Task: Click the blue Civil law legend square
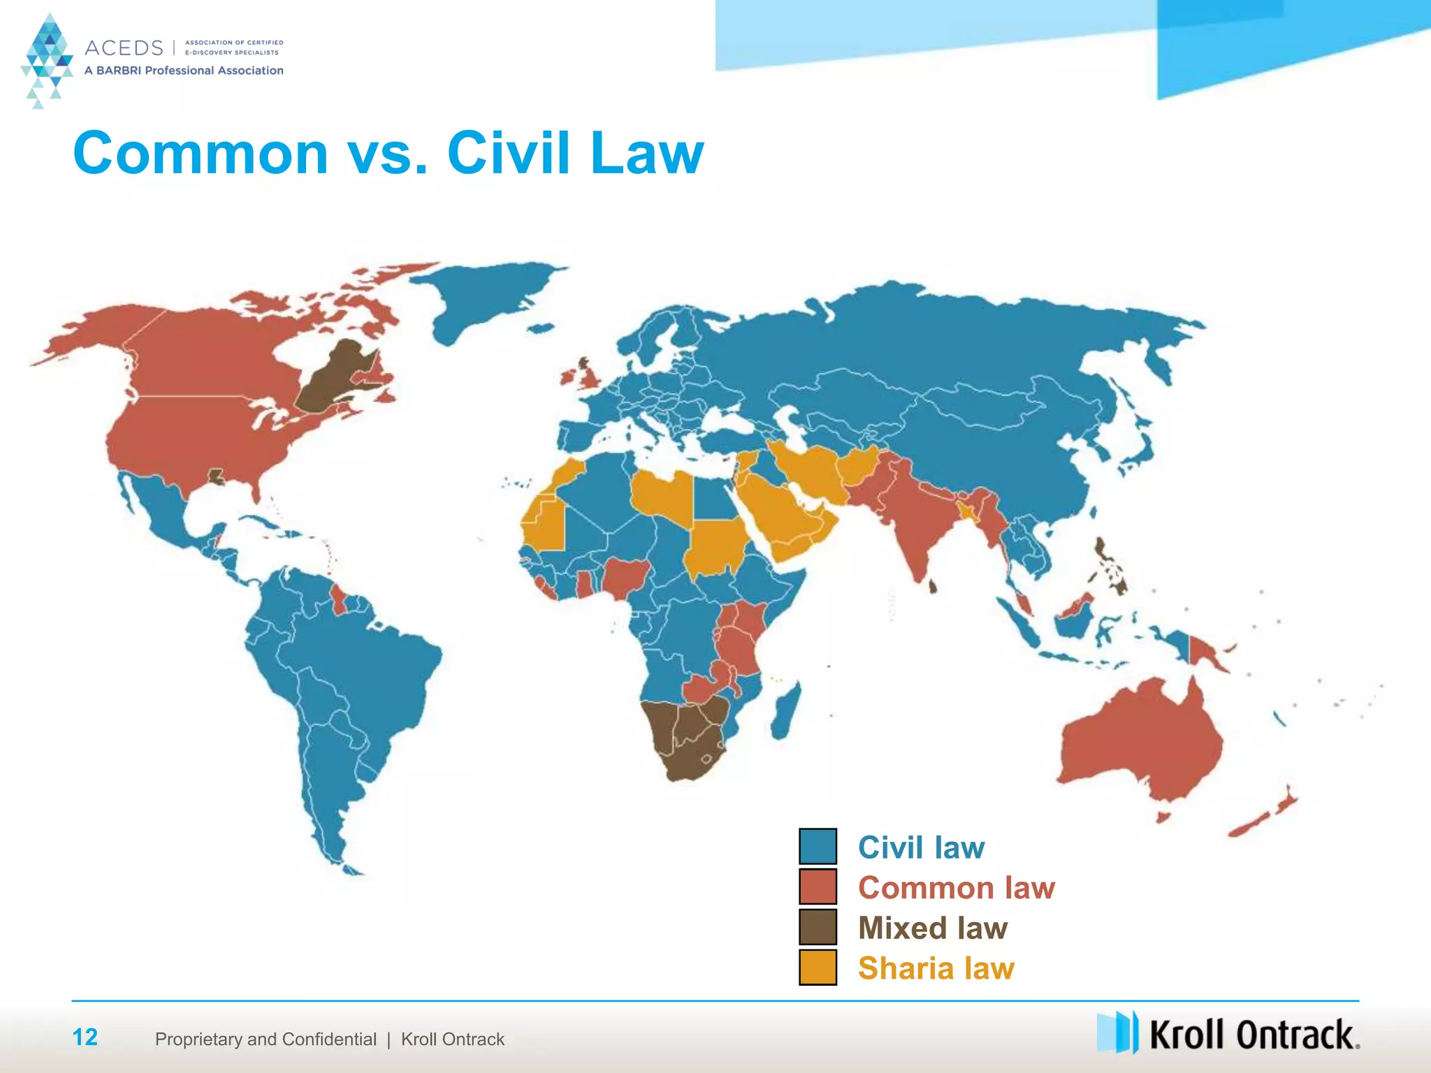tap(818, 846)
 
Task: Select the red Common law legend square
tap(818, 886)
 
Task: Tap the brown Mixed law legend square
tap(818, 927)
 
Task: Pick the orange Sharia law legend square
tap(818, 968)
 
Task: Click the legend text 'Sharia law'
tap(936, 968)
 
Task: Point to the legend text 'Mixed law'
tap(933, 928)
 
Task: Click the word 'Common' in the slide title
tap(201, 153)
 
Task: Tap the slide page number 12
tap(85, 1037)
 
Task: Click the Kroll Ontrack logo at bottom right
tap(1228, 1033)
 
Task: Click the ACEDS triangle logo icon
tap(47, 60)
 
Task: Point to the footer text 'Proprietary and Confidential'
tap(266, 1039)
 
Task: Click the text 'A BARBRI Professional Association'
tap(184, 71)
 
